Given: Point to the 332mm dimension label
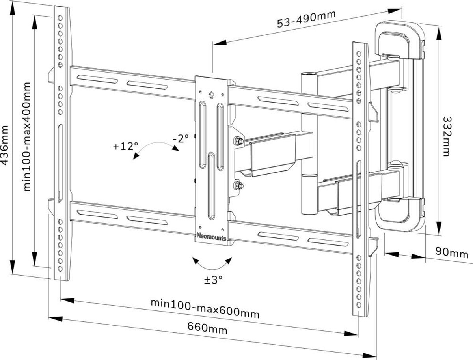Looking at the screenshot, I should click(446, 136).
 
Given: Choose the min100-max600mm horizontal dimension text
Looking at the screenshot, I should click(205, 308).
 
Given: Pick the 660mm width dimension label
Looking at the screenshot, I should click(207, 328).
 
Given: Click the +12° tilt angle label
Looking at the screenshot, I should click(125, 146).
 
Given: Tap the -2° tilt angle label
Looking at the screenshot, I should click(181, 138).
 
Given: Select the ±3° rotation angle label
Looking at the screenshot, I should click(213, 280).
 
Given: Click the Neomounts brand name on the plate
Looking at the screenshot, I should click(211, 235).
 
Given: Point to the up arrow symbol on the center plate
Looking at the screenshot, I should click(211, 94).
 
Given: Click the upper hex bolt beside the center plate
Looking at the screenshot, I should click(238, 141).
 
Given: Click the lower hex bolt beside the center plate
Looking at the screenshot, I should click(238, 185).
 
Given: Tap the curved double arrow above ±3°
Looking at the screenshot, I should click(212, 263).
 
